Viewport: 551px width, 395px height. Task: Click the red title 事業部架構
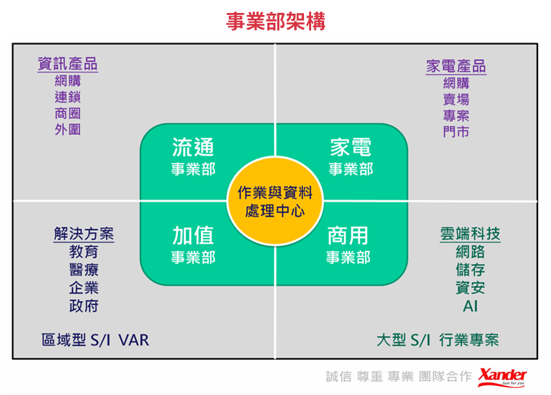coord(275,21)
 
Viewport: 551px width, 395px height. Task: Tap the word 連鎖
coord(67,97)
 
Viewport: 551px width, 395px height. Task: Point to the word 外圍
coord(67,130)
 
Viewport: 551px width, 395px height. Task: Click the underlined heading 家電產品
coord(456,67)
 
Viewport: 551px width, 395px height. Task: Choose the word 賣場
coord(456,99)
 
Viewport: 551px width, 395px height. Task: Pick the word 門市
coord(456,132)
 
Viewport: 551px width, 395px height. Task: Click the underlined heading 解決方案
coord(84,234)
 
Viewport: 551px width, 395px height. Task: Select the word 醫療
coord(84,270)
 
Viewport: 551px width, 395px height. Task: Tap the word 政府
coord(84,305)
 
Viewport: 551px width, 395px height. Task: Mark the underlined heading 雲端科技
coord(470,234)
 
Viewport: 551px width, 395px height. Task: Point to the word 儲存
coord(470,270)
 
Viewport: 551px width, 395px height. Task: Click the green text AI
coord(470,306)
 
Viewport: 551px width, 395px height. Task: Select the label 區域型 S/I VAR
coord(95,340)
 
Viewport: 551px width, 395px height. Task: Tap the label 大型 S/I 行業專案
coord(438,340)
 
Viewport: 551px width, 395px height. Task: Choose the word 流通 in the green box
coord(193,147)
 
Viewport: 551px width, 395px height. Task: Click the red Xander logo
coord(502,376)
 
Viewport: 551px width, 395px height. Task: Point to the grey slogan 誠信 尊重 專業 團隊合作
coord(399,377)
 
